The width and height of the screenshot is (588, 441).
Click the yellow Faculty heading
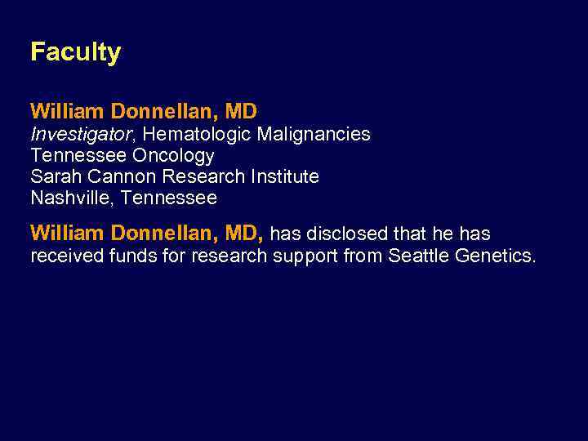(x=75, y=52)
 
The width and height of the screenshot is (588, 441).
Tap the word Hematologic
(x=196, y=134)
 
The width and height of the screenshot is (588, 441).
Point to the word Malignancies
(x=314, y=134)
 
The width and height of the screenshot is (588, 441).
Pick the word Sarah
(x=54, y=176)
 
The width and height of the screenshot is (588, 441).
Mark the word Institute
(x=281, y=176)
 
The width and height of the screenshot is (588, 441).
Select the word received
(x=67, y=256)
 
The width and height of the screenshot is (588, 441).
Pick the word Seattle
(x=419, y=256)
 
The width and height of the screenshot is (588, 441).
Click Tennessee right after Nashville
(x=169, y=198)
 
